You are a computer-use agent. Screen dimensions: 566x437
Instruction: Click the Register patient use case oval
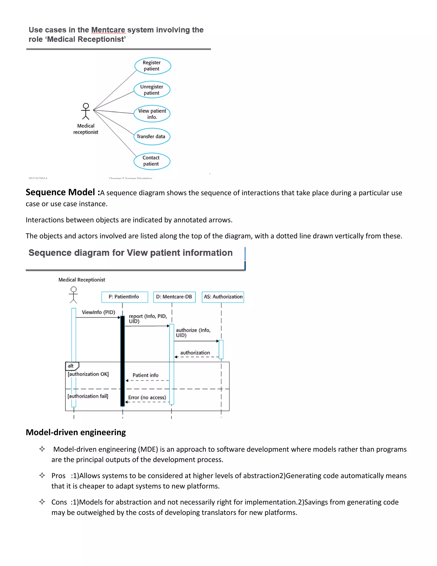pyautogui.click(x=153, y=66)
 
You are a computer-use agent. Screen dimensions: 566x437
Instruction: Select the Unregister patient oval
pyautogui.click(x=152, y=90)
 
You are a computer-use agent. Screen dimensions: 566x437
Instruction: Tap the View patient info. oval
pyautogui.click(x=152, y=114)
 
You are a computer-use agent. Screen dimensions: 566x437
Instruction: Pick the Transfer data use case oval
pyautogui.click(x=152, y=136)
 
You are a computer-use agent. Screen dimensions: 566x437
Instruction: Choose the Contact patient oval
pyautogui.click(x=152, y=161)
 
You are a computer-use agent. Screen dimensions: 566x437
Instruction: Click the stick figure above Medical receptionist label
pyautogui.click(x=86, y=111)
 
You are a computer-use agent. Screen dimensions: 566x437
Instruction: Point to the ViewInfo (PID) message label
pyautogui.click(x=98, y=312)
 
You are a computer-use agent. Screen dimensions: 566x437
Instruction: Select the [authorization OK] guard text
pyautogui.click(x=88, y=374)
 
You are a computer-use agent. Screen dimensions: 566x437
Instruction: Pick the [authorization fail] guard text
pyautogui.click(x=88, y=396)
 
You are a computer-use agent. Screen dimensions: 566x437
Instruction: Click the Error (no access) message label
pyautogui.click(x=147, y=397)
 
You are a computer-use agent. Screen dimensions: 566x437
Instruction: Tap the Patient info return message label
pyautogui.click(x=145, y=375)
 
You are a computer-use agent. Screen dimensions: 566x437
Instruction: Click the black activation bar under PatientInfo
pyautogui.click(x=122, y=360)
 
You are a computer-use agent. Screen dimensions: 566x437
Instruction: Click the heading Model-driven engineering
pyautogui.click(x=76, y=432)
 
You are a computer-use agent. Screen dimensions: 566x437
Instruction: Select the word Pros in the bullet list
pyautogui.click(x=58, y=476)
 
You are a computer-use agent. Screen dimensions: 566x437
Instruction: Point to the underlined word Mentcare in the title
pyautogui.click(x=108, y=30)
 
